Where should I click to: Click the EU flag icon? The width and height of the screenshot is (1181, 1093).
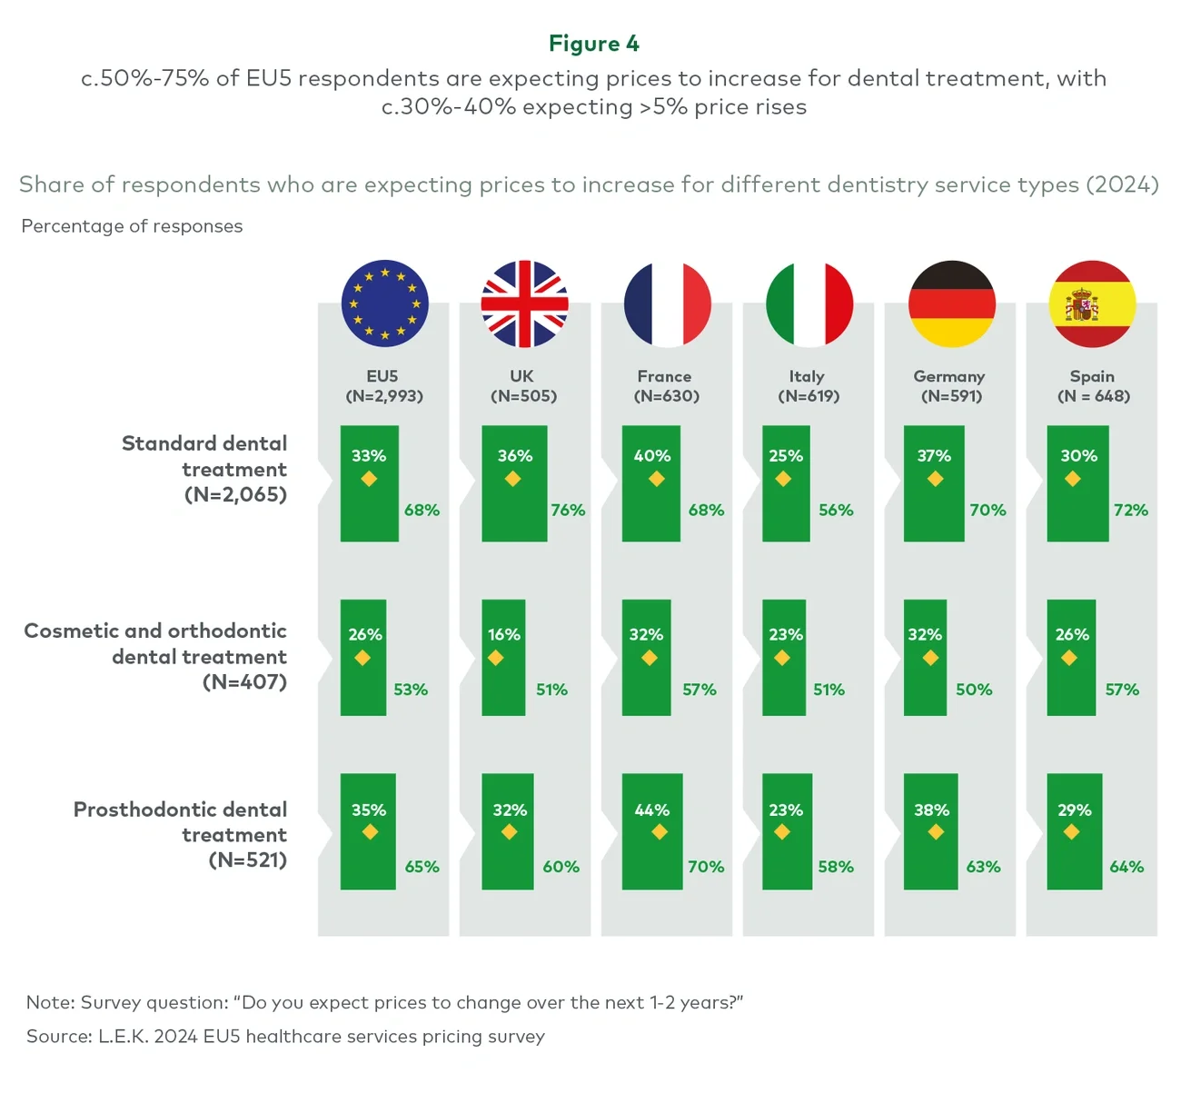[x=384, y=303]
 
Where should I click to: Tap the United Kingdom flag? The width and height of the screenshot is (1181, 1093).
[x=524, y=303]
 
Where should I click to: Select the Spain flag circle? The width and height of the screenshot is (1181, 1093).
[x=1092, y=303]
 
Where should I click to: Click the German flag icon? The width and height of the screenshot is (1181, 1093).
[x=951, y=303]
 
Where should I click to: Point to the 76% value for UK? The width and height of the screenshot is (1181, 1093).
[x=568, y=511]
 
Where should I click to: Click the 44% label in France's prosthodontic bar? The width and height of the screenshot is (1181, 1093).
[x=651, y=810]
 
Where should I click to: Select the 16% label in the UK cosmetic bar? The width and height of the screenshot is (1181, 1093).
[x=503, y=634]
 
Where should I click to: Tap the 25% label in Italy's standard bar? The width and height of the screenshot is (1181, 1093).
[x=785, y=456]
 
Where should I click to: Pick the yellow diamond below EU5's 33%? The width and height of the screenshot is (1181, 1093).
[x=369, y=479]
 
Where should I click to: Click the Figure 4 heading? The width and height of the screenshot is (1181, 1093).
[x=593, y=44]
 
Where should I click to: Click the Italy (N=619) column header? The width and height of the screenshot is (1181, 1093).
[x=808, y=386]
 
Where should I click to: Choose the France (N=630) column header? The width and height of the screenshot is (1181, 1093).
[x=666, y=386]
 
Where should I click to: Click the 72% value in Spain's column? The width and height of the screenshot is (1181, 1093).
[x=1130, y=511]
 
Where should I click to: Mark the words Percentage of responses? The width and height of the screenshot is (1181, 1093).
[x=132, y=226]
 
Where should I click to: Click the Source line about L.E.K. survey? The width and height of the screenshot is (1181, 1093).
[x=285, y=1037]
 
